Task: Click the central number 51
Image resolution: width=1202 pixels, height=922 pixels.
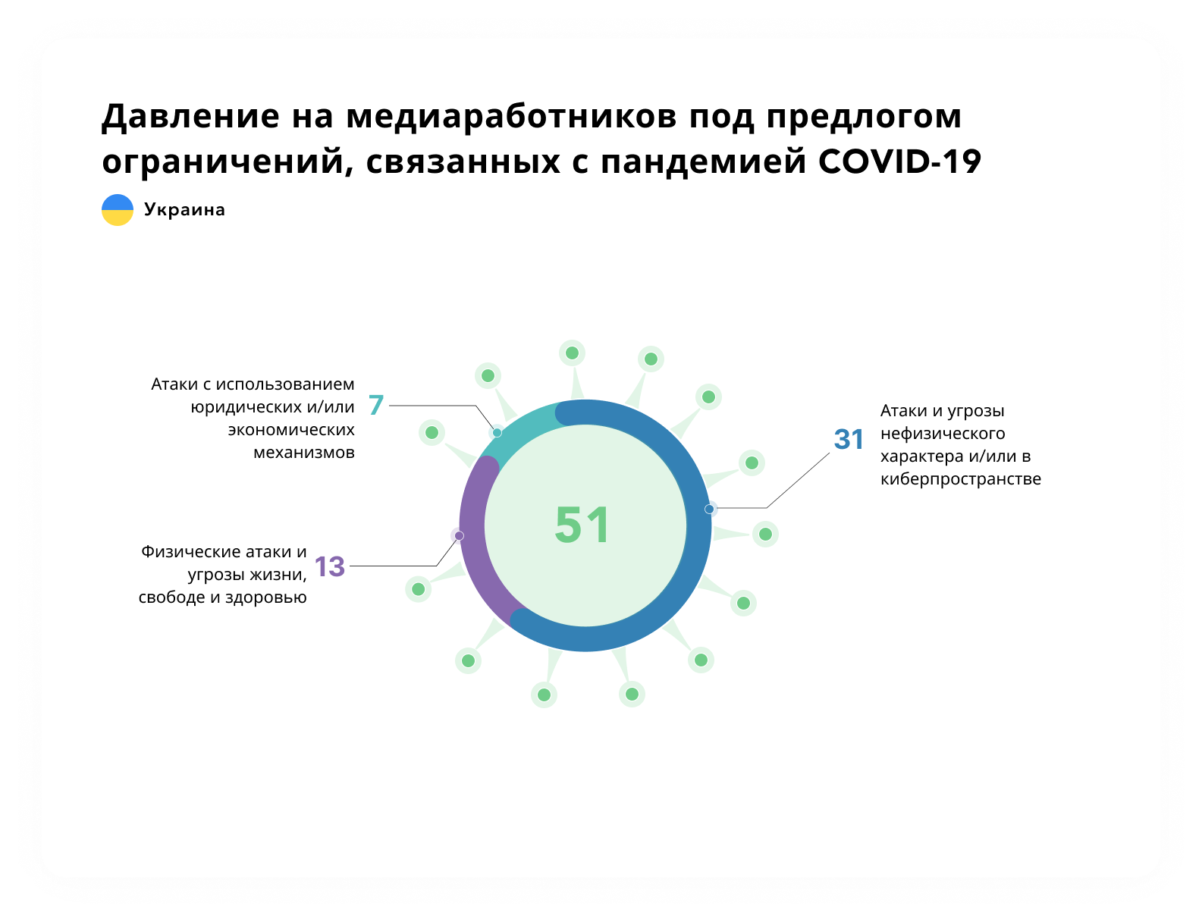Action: coord(582,525)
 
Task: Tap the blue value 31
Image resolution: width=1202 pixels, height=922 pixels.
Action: coord(848,439)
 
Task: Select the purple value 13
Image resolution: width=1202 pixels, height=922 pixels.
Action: coord(330,566)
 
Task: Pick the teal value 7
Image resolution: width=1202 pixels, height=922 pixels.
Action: coord(376,405)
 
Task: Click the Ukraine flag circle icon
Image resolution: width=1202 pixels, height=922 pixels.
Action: coord(118,209)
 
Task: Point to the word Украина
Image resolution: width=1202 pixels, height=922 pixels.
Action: coord(184,209)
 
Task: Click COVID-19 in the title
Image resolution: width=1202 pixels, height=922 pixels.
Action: coord(899,162)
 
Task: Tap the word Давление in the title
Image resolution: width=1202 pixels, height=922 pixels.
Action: coord(191,116)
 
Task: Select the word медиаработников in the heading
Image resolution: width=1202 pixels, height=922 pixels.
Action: coord(511,116)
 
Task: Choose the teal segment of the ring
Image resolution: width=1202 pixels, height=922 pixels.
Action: coord(514,428)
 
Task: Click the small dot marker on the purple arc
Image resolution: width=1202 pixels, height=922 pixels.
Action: coord(459,535)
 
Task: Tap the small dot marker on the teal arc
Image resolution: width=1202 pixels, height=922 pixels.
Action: coord(497,432)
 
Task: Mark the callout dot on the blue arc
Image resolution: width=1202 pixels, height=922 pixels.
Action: coord(708,509)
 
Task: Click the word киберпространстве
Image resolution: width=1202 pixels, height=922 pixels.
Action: coord(960,479)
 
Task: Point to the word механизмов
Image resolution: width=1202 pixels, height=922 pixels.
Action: coord(303,453)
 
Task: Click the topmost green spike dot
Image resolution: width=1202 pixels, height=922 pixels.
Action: coord(572,353)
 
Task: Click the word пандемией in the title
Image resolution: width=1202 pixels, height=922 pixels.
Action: coord(703,162)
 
